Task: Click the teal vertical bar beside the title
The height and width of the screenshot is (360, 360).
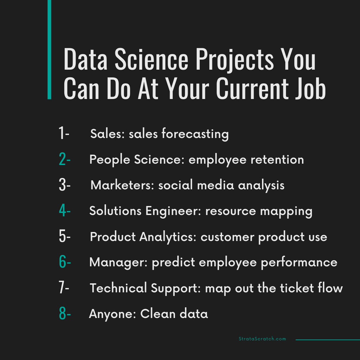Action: [49, 49]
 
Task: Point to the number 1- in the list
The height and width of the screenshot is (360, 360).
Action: [64, 134]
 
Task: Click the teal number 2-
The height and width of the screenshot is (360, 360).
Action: [65, 160]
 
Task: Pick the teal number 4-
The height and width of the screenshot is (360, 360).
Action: [65, 211]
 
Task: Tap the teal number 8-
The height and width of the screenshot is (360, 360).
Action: [65, 314]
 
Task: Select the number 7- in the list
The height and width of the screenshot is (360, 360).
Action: [64, 288]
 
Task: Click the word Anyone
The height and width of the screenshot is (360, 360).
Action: [112, 314]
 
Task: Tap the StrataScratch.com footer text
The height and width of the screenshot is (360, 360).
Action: [262, 339]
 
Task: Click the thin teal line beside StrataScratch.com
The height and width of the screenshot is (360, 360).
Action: [327, 340]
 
